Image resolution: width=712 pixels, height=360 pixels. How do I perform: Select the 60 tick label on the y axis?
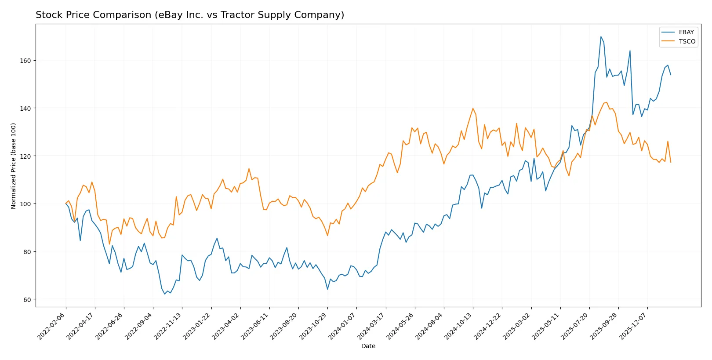(x=26, y=300)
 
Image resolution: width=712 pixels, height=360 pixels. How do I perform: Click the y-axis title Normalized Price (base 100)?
(x=14, y=166)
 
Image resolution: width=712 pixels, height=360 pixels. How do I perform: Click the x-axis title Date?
(x=368, y=346)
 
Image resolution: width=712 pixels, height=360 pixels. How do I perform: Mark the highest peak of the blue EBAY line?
(x=601, y=36)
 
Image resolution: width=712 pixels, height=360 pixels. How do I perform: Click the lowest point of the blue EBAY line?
(x=165, y=294)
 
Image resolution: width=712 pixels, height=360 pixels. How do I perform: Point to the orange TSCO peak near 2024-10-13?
(x=473, y=108)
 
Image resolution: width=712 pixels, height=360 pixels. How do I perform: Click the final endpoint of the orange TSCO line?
(x=671, y=162)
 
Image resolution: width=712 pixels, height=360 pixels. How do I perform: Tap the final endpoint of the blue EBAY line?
(x=671, y=75)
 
